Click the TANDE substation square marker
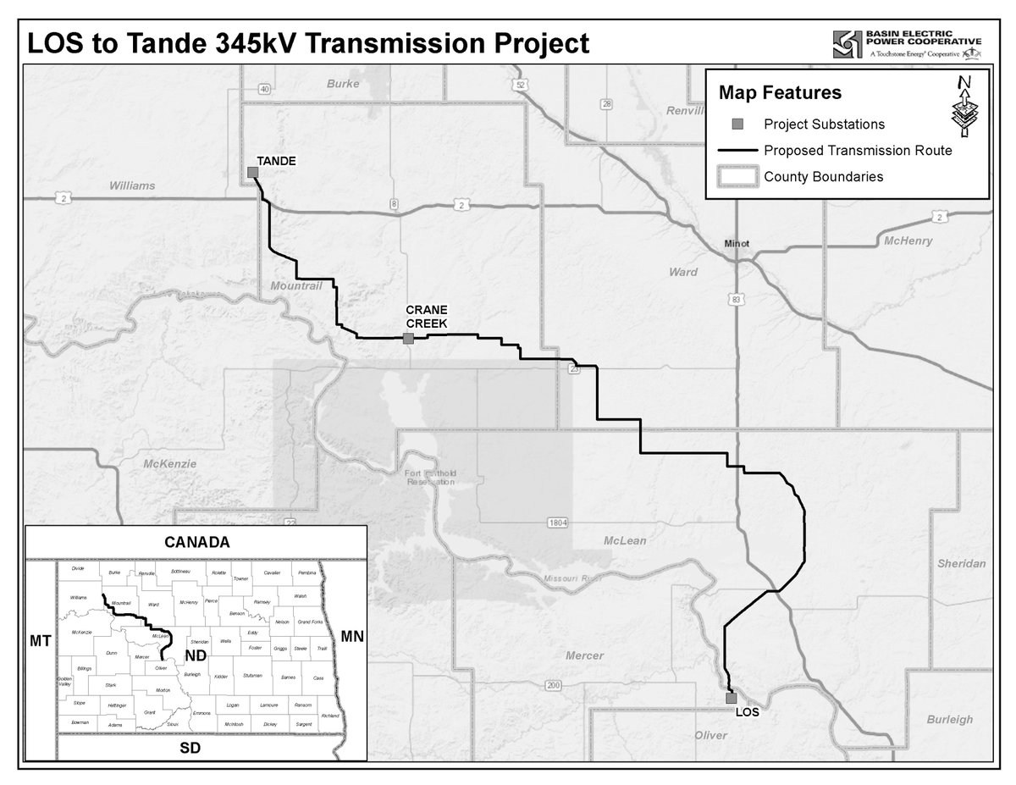point(252,173)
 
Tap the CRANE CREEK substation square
point(408,339)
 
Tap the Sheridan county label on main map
point(963,563)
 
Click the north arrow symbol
point(964,108)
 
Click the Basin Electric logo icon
point(848,44)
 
